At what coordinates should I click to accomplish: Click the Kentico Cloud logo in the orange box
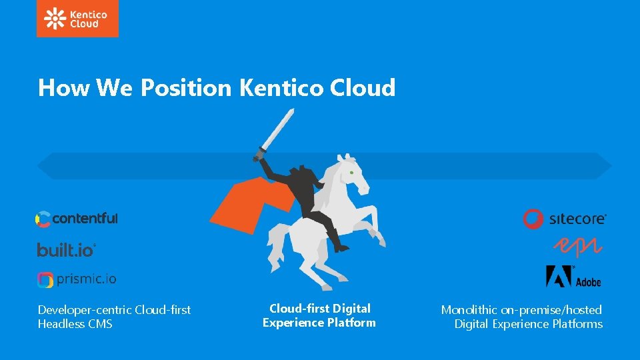(x=77, y=19)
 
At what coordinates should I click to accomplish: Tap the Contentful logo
(x=77, y=218)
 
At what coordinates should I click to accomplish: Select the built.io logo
(x=67, y=250)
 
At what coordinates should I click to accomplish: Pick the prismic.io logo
(x=77, y=279)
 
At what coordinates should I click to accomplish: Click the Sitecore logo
(x=564, y=219)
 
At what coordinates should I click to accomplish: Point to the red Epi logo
(x=579, y=247)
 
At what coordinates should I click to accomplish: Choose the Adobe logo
(x=573, y=276)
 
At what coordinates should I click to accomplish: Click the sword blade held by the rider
(x=279, y=130)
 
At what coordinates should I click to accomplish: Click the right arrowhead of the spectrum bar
(x=603, y=165)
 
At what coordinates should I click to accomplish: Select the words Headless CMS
(x=75, y=324)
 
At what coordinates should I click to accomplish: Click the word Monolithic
(x=469, y=309)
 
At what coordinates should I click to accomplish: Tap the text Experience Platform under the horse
(x=319, y=323)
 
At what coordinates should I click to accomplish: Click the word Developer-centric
(x=85, y=309)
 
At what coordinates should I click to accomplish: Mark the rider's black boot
(x=340, y=247)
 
